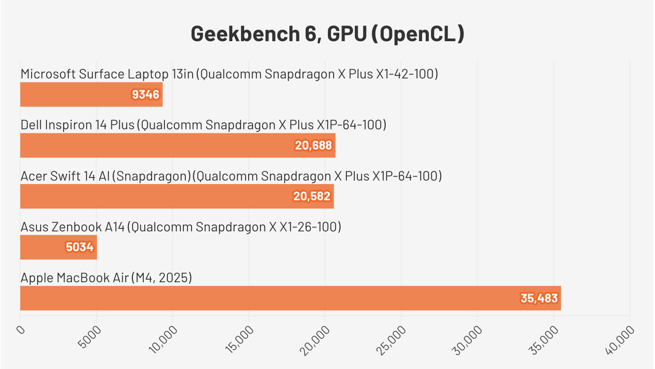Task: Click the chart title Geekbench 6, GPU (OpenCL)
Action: point(327,34)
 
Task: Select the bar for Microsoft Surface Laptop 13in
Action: point(91,95)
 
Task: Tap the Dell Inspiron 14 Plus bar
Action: point(178,145)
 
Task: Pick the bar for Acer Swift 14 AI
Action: point(177,196)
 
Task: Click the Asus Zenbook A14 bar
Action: point(58,247)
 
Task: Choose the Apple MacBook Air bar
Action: point(290,298)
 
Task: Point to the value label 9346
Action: point(146,95)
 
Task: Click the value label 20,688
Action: point(313,145)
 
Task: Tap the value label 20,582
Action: point(312,196)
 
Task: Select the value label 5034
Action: point(80,247)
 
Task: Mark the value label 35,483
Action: point(539,298)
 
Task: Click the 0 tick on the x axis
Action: point(21,330)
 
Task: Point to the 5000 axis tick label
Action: point(92,337)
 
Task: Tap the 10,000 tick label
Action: point(164,339)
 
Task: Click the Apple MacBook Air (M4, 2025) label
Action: point(106,278)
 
